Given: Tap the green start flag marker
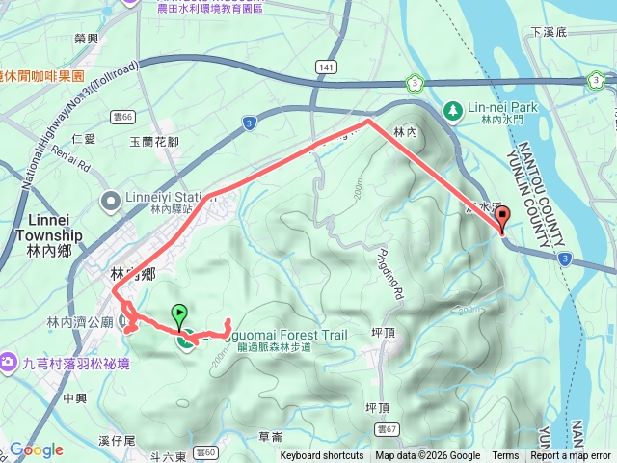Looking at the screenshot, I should [x=179, y=315].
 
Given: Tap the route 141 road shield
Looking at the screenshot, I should [x=327, y=68].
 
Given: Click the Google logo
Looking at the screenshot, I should [x=37, y=449].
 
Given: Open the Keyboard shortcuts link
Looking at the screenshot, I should [x=322, y=456].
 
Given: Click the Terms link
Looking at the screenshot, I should [x=505, y=456].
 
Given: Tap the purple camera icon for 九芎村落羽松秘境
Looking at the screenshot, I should [x=8, y=363].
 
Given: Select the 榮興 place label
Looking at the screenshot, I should [x=87, y=39].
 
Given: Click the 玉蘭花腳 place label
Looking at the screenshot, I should [x=154, y=142].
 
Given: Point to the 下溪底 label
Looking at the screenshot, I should [x=550, y=33].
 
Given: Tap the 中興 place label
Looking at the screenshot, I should [x=74, y=397].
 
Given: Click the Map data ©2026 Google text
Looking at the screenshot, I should [x=428, y=456].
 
